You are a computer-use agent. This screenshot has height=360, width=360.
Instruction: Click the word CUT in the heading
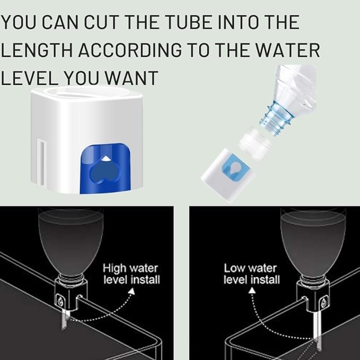pyautogui.click(x=102, y=22)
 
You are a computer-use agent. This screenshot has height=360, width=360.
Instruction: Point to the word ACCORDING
pyautogui.click(x=130, y=50)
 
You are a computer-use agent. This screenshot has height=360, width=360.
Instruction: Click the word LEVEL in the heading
pyautogui.click(x=29, y=78)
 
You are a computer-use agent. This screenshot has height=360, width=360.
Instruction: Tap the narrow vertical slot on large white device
pyautogui.click(x=42, y=162)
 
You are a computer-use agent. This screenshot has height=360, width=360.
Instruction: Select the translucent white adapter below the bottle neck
pyautogui.click(x=255, y=143)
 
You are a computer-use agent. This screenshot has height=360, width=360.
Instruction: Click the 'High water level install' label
pyautogui.click(x=131, y=274)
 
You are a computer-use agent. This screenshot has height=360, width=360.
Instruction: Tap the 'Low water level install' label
pyautogui.click(x=252, y=274)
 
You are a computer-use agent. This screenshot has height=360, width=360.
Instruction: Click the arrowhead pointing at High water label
pyautogui.click(x=131, y=291)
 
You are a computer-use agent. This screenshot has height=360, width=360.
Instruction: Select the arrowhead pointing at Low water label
pyautogui.click(x=252, y=291)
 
